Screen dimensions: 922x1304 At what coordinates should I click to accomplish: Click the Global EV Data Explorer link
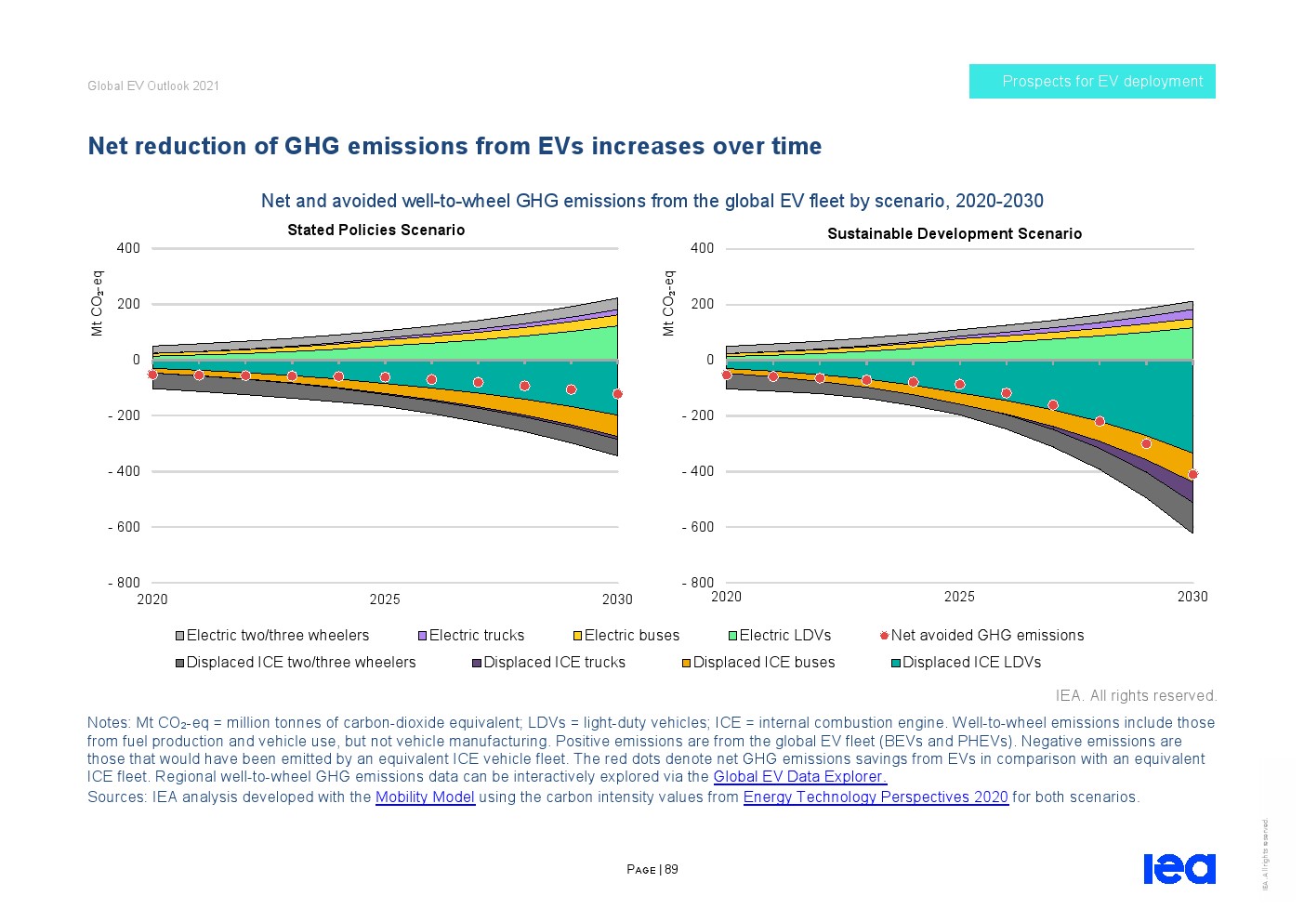799,777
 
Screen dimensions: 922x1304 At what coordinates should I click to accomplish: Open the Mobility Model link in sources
425,797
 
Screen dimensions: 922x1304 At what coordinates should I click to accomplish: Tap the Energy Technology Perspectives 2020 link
876,797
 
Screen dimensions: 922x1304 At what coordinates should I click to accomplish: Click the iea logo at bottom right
1179,869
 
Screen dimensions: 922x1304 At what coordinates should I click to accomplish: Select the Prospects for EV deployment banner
1092,82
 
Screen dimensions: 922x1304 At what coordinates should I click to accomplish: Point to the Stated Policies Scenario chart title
375,230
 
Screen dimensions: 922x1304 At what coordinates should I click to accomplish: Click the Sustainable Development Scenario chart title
955,234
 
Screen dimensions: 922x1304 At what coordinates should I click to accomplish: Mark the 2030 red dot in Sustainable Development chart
1192,475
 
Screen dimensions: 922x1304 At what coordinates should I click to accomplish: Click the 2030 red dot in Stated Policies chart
618,394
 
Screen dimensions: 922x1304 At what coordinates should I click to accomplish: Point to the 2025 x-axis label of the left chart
385,599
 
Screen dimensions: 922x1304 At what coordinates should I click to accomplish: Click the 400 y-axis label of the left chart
128,248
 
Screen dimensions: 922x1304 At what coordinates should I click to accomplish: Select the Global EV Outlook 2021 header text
153,86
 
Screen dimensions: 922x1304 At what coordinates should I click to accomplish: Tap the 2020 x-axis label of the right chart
726,597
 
